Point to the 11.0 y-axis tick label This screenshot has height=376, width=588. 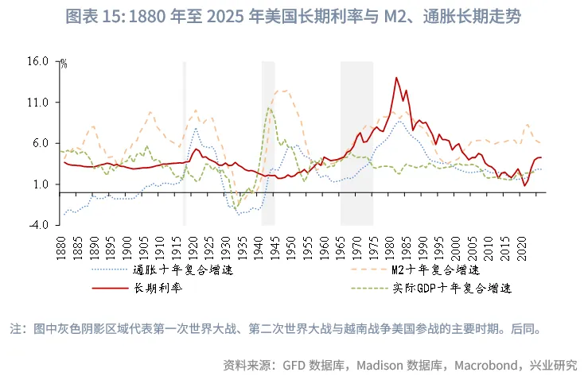[x=37, y=103]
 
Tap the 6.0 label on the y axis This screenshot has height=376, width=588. [x=39, y=143]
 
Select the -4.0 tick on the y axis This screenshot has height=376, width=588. [x=37, y=225]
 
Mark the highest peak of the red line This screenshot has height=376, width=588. [x=396, y=77]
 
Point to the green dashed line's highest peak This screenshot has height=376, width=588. [x=270, y=108]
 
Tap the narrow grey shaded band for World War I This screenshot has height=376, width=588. [x=185, y=143]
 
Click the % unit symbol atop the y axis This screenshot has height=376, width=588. [x=64, y=64]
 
